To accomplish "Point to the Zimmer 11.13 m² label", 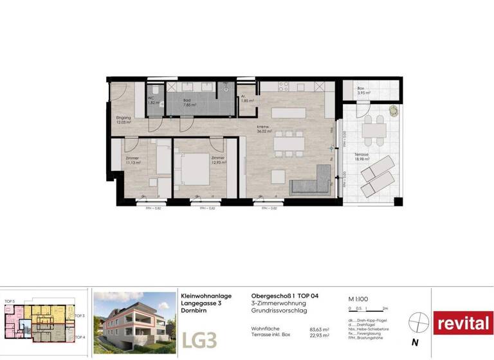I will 133,161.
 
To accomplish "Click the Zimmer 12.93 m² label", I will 218,161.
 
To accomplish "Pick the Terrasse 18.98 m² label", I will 352,158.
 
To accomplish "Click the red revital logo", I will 463,323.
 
